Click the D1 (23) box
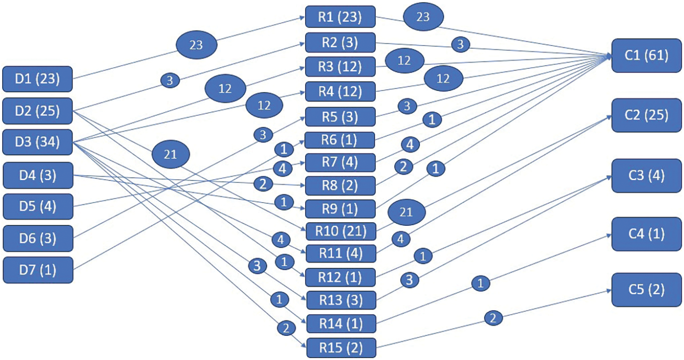pos(37,79)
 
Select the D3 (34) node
pos(37,142)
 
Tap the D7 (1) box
pos(37,270)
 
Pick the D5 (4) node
pos(37,206)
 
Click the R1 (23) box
pos(340,18)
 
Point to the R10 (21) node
pos(340,231)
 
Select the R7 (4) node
pos(340,162)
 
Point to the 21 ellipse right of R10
pos(406,212)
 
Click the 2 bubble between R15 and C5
pos(492,318)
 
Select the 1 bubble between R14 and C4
pos(480,284)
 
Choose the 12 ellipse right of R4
pos(443,79)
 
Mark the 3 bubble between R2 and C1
pos(461,45)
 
